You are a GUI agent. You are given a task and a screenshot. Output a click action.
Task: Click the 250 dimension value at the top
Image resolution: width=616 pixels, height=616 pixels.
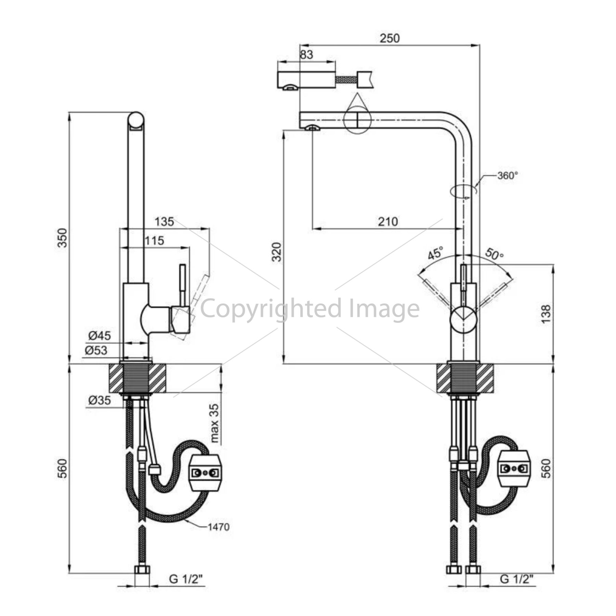(x=389, y=38)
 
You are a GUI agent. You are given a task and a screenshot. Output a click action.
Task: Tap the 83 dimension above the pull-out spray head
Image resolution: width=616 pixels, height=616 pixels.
(x=306, y=54)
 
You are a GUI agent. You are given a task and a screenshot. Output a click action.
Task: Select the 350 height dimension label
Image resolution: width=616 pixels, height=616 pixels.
(x=63, y=238)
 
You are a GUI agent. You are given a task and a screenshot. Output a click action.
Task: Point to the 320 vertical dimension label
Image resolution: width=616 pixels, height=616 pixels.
(x=277, y=252)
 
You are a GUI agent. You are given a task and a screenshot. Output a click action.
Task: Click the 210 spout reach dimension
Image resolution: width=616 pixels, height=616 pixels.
(x=388, y=222)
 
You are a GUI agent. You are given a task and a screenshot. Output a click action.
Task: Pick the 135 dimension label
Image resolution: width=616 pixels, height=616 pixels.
(x=164, y=221)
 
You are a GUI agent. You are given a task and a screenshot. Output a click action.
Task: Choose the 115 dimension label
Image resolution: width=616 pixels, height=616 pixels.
(x=154, y=241)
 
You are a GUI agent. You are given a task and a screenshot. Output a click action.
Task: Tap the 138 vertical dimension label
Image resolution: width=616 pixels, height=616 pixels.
(x=546, y=314)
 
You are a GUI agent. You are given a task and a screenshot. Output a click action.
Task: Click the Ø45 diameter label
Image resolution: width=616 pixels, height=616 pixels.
(x=100, y=335)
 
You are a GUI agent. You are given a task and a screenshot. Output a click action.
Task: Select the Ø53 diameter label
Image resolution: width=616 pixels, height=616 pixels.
(x=96, y=350)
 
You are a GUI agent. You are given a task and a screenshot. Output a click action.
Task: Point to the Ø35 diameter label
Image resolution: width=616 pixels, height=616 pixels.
(x=100, y=400)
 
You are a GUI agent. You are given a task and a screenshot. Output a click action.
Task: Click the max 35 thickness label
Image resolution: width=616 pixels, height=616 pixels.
(x=214, y=423)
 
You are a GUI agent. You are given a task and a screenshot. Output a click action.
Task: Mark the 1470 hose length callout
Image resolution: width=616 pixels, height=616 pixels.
(x=219, y=527)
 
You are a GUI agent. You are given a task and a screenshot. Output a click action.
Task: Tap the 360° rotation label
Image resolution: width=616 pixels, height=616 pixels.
(x=508, y=176)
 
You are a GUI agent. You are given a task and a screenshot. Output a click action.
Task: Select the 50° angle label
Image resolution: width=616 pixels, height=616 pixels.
(x=495, y=254)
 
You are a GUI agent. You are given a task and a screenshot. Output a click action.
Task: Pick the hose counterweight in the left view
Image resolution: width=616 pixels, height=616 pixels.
(x=205, y=473)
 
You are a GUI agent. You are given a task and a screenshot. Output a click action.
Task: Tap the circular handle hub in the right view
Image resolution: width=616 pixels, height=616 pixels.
(x=463, y=320)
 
